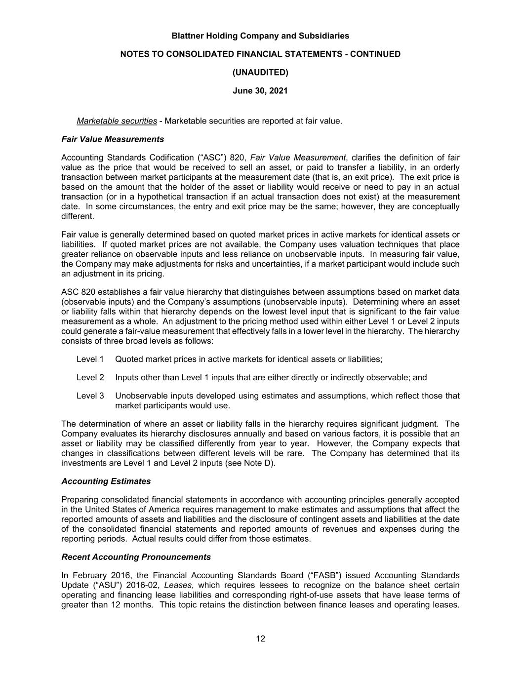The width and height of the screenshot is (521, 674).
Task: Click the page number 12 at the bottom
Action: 260,638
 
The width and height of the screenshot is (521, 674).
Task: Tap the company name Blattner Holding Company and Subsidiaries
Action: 260,36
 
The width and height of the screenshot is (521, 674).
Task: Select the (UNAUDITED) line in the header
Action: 260,72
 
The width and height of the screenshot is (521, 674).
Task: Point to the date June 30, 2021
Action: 260,91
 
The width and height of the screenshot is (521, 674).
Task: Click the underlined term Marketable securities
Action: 117,121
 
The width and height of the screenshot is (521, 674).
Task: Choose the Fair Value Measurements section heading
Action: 113,139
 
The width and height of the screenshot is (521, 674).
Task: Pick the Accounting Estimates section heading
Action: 106,481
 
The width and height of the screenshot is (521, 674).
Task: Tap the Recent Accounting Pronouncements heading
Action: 136,557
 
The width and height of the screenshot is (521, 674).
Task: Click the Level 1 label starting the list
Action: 90,359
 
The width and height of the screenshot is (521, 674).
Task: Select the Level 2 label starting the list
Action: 90,377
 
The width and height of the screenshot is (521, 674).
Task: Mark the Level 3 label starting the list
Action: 90,396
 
